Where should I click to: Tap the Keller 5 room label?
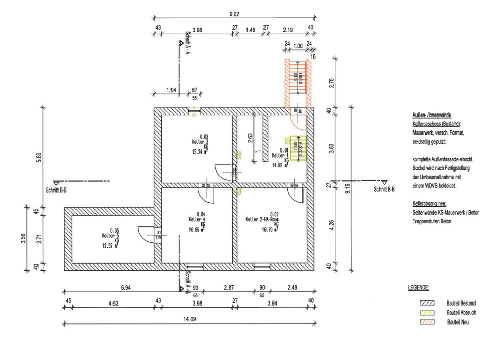click(108, 235)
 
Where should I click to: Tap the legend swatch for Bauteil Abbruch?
click(427, 312)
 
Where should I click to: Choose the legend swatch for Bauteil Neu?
click(427, 322)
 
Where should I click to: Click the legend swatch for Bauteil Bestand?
click(427, 303)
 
